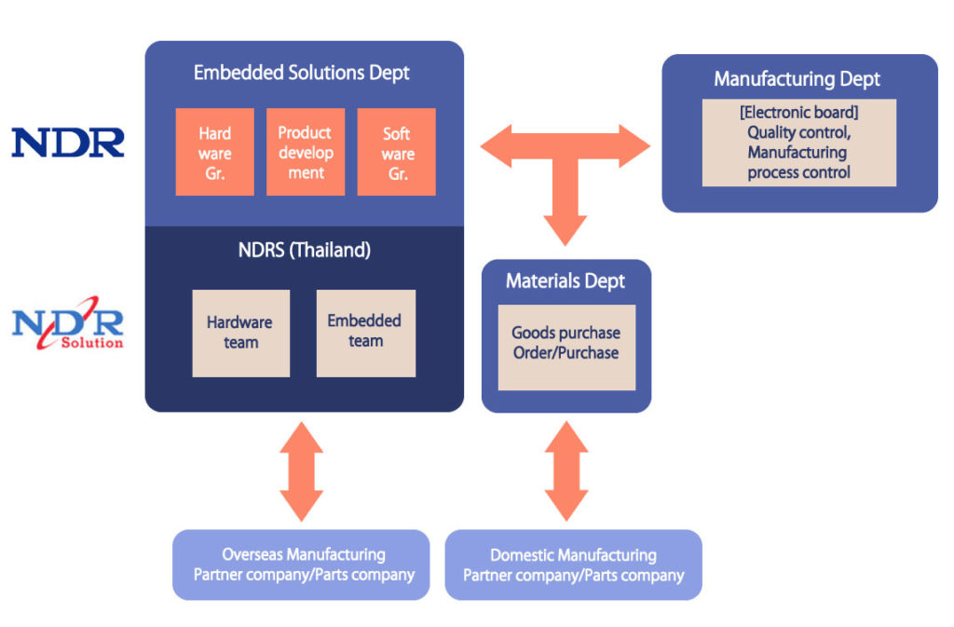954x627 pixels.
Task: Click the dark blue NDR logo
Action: point(67,143)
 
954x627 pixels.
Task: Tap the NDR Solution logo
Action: point(67,323)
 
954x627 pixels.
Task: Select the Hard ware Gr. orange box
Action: point(215,152)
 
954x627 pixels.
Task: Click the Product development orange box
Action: point(306,152)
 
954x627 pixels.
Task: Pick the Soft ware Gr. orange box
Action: point(396,152)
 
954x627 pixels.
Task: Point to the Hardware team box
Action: point(241,334)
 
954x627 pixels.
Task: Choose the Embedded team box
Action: point(365,334)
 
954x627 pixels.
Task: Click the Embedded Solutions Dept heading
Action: point(302,73)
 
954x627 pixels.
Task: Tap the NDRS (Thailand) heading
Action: point(305,250)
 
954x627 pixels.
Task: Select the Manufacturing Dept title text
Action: point(797,79)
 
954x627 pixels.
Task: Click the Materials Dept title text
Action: point(566,281)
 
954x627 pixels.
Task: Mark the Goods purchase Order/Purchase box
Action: point(566,348)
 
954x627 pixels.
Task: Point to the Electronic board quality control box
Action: point(798,143)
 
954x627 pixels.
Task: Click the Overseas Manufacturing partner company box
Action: point(301,565)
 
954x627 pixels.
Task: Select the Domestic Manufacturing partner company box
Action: point(573,565)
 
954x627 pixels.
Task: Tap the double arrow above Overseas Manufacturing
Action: point(301,471)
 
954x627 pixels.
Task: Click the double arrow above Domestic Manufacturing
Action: point(566,471)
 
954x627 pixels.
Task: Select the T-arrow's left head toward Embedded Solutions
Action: point(496,146)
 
